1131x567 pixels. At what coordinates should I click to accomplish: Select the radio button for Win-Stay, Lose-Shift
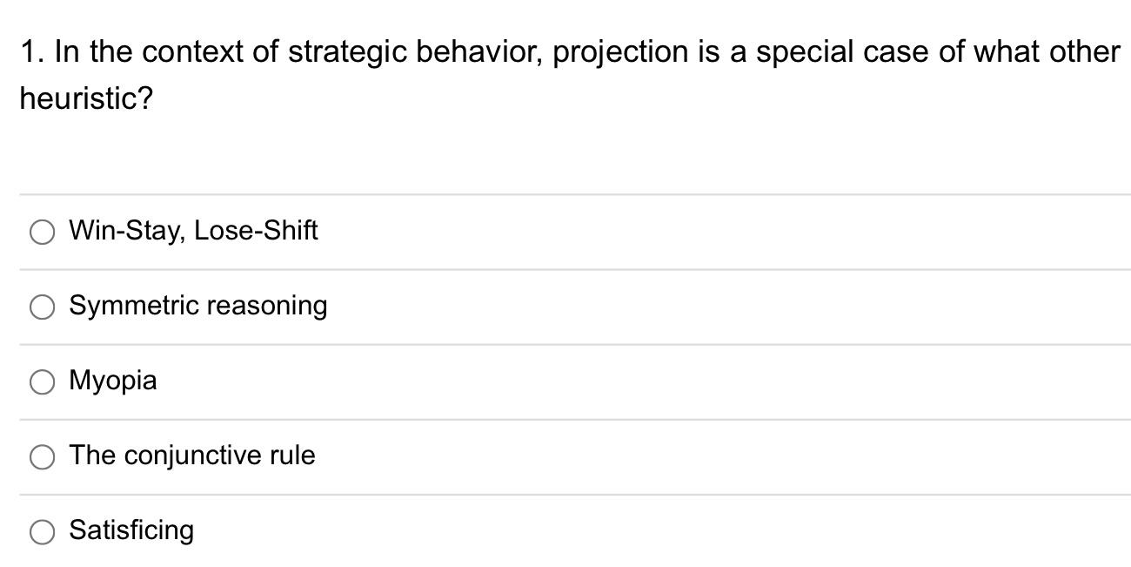point(42,232)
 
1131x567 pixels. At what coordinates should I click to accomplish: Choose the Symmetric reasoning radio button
point(42,307)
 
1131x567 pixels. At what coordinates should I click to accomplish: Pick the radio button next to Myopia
point(42,381)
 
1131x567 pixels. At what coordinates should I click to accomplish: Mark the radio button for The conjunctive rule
point(42,456)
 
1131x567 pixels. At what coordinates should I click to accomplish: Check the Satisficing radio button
point(42,531)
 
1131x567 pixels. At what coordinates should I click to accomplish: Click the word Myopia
point(113,381)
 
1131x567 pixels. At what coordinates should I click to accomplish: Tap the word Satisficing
point(131,530)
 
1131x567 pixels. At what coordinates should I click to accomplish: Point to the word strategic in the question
point(346,52)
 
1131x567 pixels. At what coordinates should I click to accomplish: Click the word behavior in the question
point(478,52)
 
